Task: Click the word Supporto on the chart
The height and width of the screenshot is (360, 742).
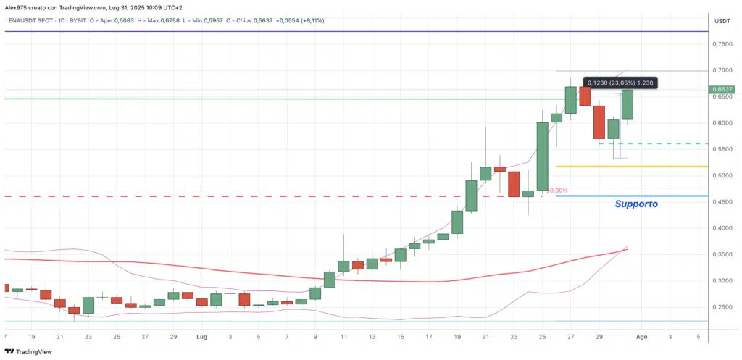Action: pyautogui.click(x=636, y=204)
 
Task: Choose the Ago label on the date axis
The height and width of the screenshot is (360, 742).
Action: pyautogui.click(x=641, y=338)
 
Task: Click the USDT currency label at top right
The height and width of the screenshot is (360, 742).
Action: pyautogui.click(x=722, y=21)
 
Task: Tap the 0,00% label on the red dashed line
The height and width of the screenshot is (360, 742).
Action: pyautogui.click(x=559, y=191)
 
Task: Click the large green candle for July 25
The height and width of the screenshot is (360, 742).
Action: pyautogui.click(x=542, y=156)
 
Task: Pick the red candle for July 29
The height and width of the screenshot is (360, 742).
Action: pyautogui.click(x=599, y=122)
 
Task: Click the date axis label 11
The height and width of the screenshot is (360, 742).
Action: pyautogui.click(x=343, y=338)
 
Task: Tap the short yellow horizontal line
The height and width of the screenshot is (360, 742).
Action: pyautogui.click(x=630, y=167)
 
